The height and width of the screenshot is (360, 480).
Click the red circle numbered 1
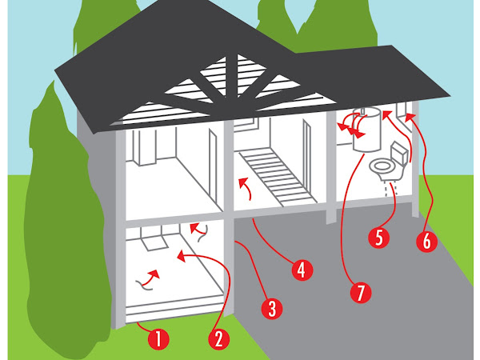(158, 339)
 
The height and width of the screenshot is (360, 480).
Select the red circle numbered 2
(218, 339)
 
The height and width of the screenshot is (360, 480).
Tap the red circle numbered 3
(272, 309)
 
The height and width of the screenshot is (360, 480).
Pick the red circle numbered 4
(302, 270)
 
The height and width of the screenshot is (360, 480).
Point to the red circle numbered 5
(379, 238)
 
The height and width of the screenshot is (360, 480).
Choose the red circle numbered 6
(426, 242)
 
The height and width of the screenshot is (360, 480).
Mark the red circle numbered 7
(361, 292)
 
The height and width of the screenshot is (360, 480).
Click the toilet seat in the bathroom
(382, 166)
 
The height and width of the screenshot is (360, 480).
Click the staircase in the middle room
(278, 176)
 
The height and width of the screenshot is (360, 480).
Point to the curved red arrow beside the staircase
(246, 189)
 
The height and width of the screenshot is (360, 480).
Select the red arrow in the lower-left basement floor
(149, 279)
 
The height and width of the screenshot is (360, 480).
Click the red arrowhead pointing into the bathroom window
(411, 117)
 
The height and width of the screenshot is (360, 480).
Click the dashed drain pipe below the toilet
(390, 188)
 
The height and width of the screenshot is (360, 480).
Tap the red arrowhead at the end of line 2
(182, 256)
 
